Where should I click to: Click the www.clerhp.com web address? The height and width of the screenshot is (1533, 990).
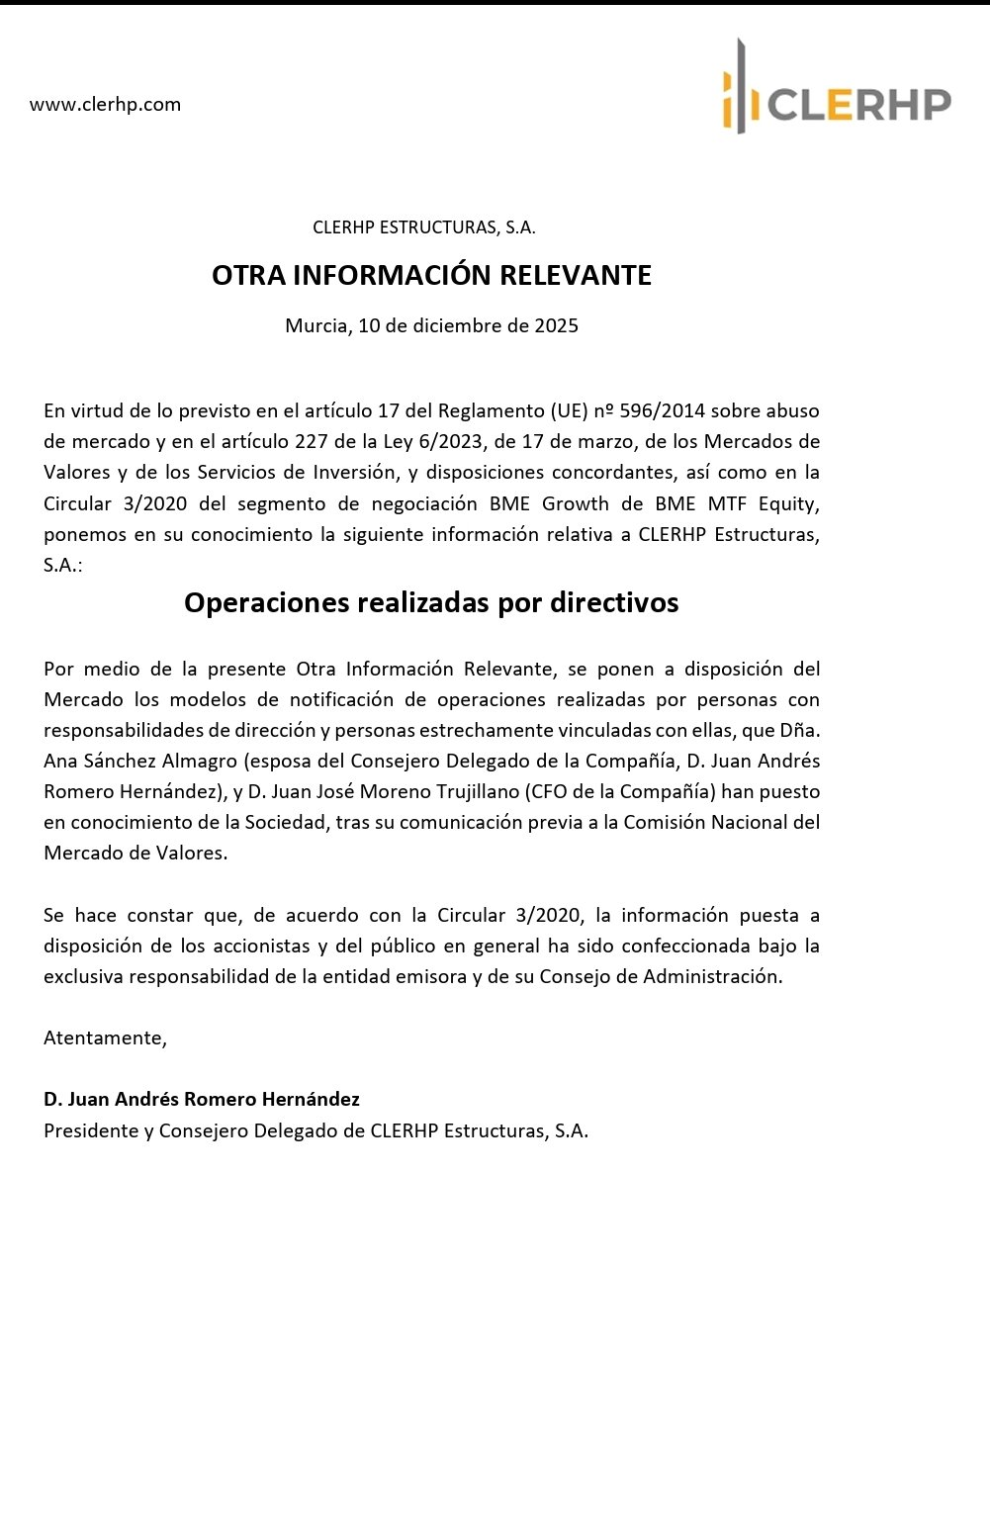tap(105, 105)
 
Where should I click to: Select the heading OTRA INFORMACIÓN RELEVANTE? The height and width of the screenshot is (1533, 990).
tap(431, 275)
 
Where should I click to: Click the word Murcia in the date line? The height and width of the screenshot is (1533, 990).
tap(315, 325)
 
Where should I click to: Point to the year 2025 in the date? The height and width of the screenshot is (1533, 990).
tap(556, 325)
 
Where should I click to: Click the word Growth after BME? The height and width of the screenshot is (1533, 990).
tap(576, 503)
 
